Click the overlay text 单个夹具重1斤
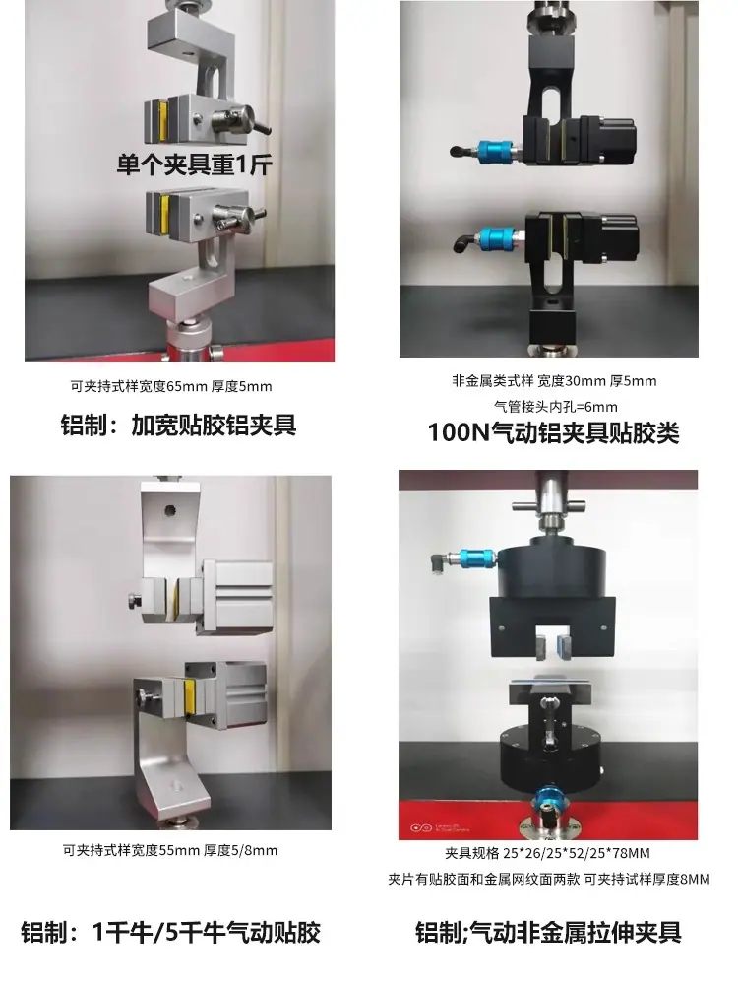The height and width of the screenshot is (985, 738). point(195,164)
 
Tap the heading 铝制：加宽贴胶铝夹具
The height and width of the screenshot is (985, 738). point(178,426)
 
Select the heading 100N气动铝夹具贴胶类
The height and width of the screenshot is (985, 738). point(553,432)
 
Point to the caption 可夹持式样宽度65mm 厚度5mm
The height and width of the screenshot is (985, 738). point(170,386)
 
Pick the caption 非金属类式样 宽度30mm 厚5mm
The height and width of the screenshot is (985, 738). point(554,380)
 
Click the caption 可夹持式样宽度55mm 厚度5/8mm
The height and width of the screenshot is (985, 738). point(169,851)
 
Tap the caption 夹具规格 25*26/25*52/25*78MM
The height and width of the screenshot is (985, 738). point(547,853)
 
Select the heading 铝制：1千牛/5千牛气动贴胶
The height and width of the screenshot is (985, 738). point(170,932)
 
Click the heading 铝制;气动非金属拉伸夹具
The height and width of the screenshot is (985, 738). point(548,932)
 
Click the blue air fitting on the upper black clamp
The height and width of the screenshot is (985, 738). point(495,152)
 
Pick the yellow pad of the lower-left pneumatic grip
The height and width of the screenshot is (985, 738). point(188,697)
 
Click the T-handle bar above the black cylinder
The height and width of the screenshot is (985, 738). point(548,505)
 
